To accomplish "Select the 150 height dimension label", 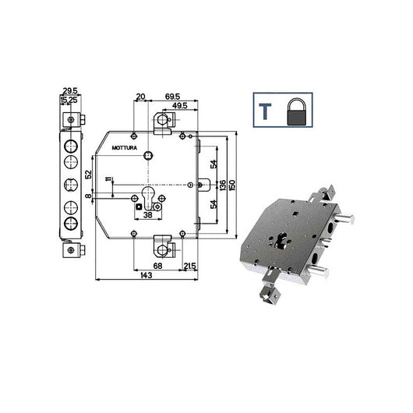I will coord(233,184).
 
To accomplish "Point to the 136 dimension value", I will coord(223,184).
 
